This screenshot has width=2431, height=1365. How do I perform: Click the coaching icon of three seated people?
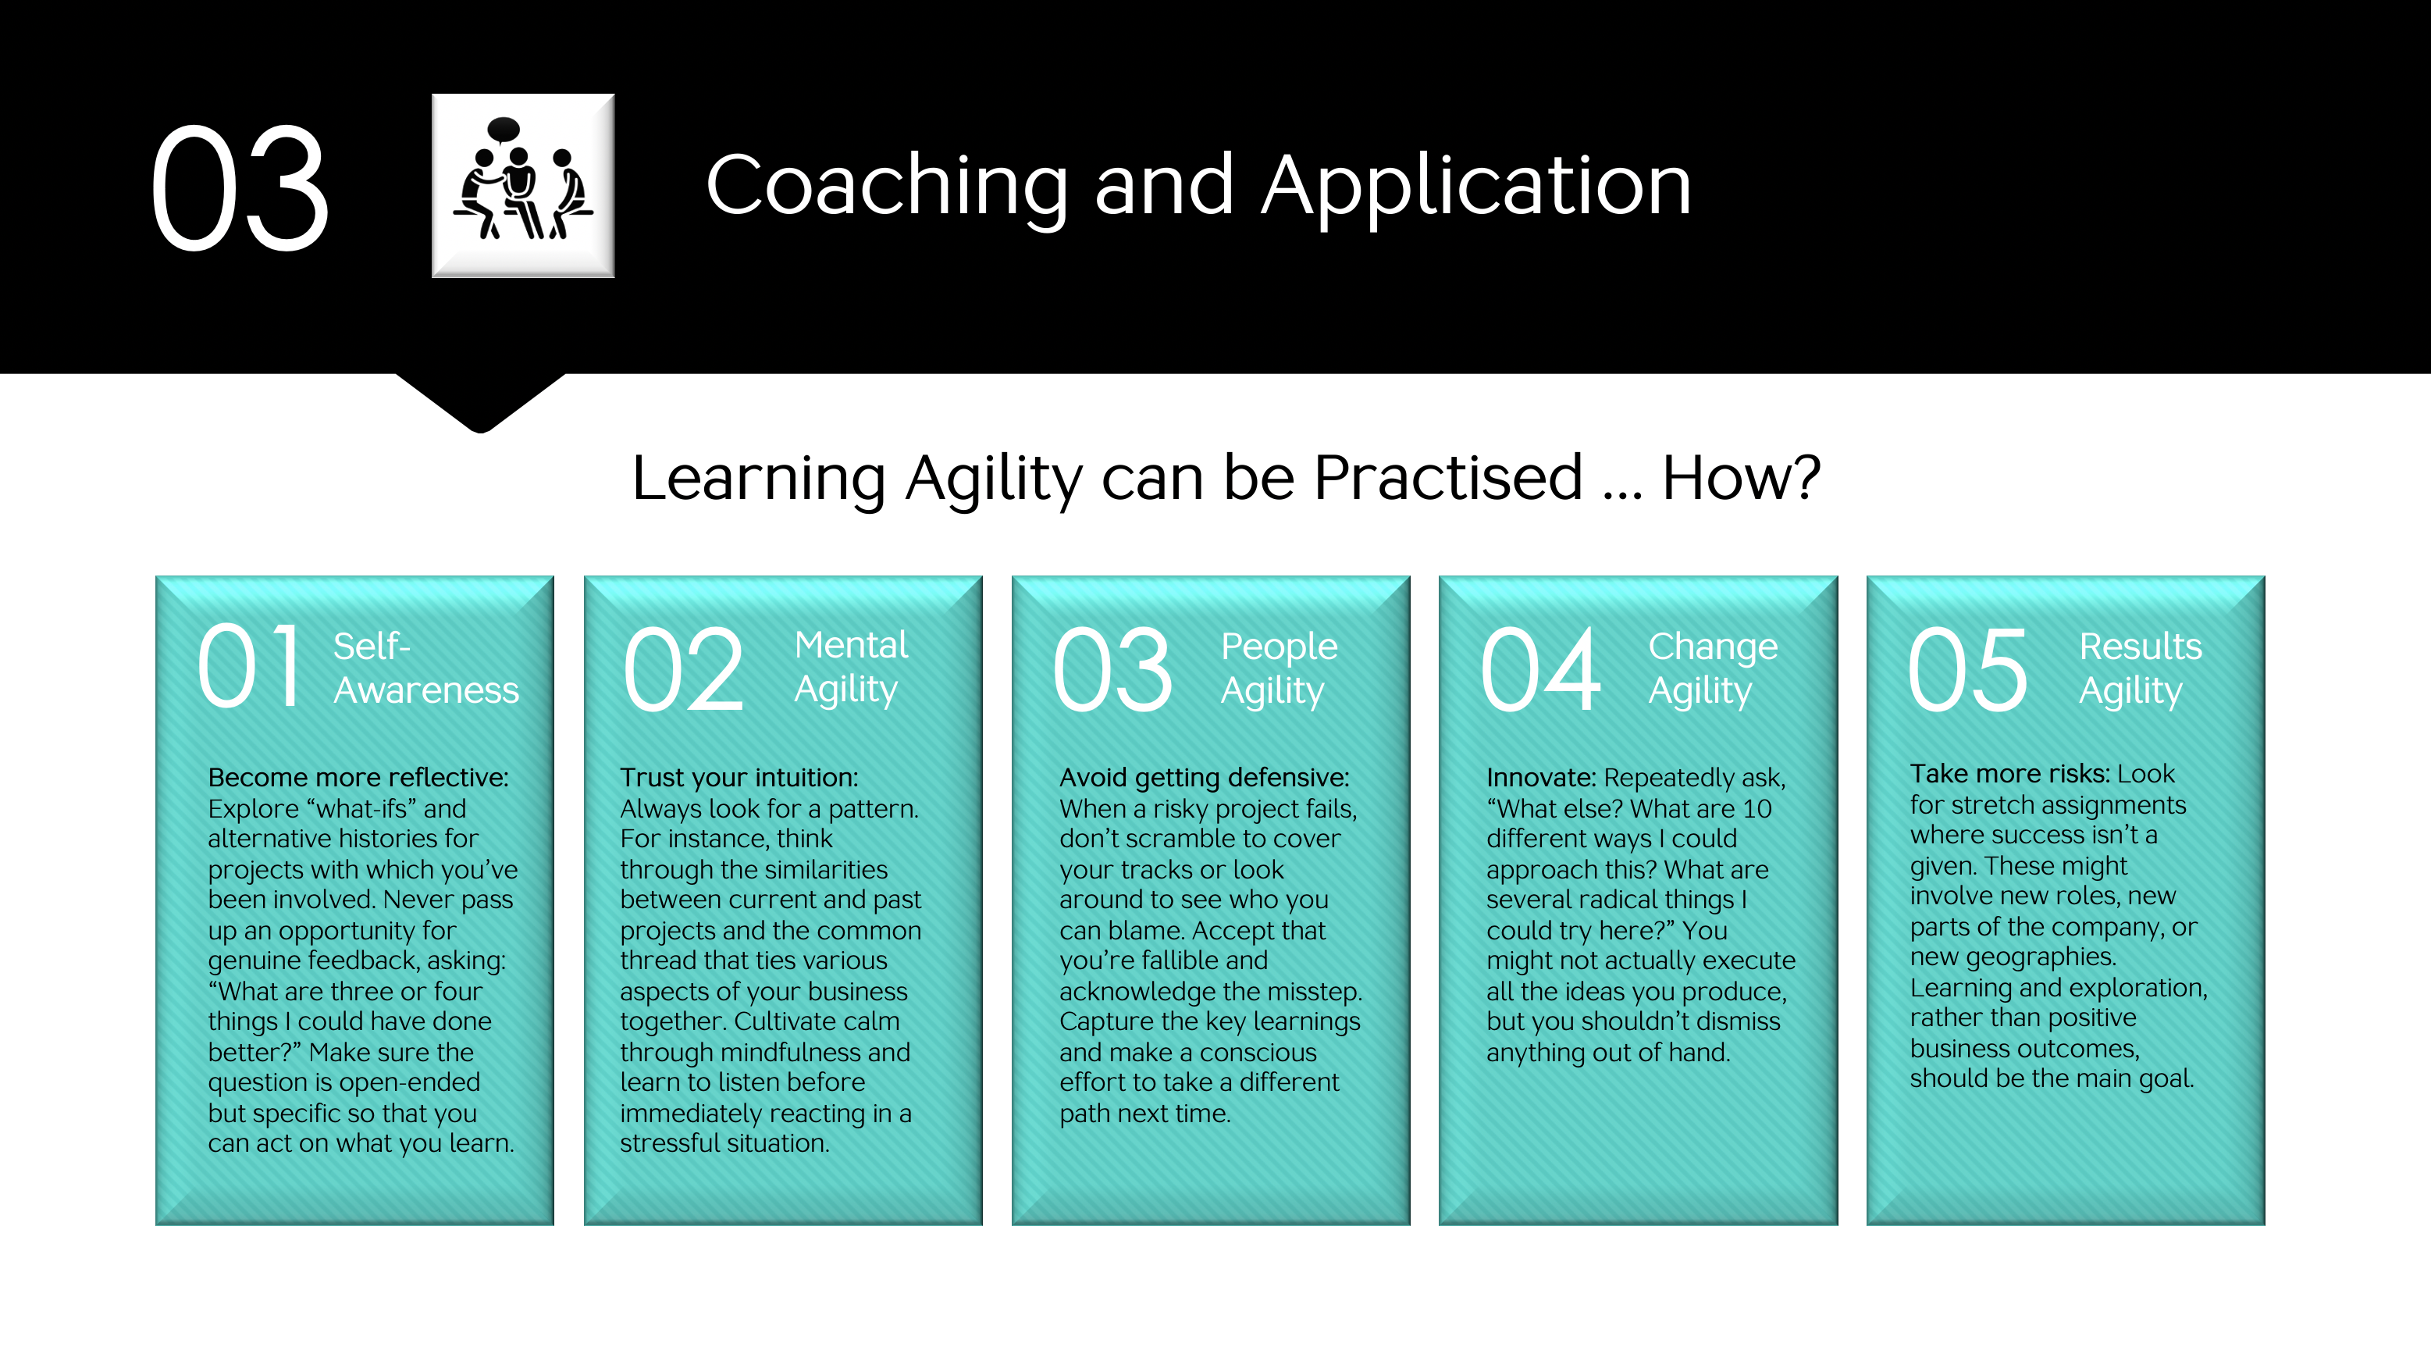[523, 185]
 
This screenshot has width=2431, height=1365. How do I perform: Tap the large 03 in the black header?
[240, 189]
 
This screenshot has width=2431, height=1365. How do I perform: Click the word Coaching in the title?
[887, 187]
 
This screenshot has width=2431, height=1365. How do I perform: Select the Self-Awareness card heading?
[425, 668]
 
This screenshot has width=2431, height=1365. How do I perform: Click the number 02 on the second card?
[684, 669]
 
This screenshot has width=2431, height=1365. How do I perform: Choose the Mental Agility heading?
[851, 668]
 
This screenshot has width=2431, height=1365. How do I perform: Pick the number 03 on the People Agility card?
[1112, 669]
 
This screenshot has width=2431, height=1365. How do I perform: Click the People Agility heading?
[1279, 668]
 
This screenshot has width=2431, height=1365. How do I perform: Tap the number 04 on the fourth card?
[1541, 669]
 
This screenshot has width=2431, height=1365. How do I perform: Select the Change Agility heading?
[1713, 668]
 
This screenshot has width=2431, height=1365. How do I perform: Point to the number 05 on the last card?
[1967, 669]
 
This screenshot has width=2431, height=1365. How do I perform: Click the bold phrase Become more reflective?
[358, 778]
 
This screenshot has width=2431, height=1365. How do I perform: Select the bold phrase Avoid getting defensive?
[1204, 778]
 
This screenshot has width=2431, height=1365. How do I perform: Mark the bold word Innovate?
[1541, 778]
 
